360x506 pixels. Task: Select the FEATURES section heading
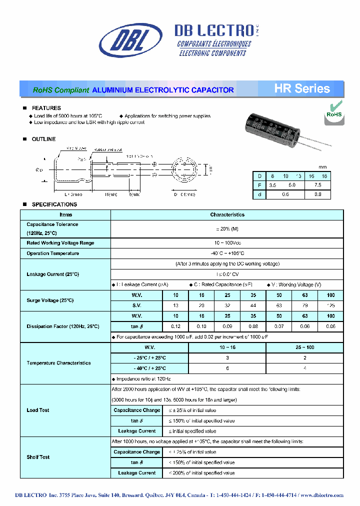point(46,108)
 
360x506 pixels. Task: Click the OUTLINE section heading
point(43,139)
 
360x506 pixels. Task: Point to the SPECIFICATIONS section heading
point(54,204)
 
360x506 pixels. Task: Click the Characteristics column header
point(227,214)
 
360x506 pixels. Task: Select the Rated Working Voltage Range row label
point(60,243)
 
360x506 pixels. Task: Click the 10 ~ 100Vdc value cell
point(227,243)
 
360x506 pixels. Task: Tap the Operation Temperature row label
point(52,253)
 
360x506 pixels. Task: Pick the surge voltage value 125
point(330,305)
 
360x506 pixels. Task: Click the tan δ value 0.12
point(176,326)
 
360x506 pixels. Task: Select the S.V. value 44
point(253,305)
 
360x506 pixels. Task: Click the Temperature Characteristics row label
point(58,363)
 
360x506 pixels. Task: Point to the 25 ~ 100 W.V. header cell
point(304,347)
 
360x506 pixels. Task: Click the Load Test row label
point(38,410)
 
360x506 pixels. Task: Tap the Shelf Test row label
point(38,457)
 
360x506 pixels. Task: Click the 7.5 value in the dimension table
point(318,185)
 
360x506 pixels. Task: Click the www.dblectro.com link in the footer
point(321,495)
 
